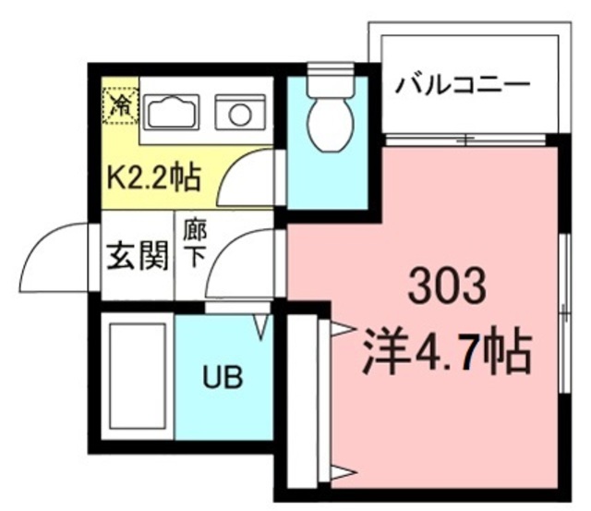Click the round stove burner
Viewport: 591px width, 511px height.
(x=240, y=115)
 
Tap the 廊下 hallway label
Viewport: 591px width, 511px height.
(x=193, y=243)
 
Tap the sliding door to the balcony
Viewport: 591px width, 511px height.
(x=466, y=140)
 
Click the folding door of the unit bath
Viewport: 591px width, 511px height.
(x=259, y=324)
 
